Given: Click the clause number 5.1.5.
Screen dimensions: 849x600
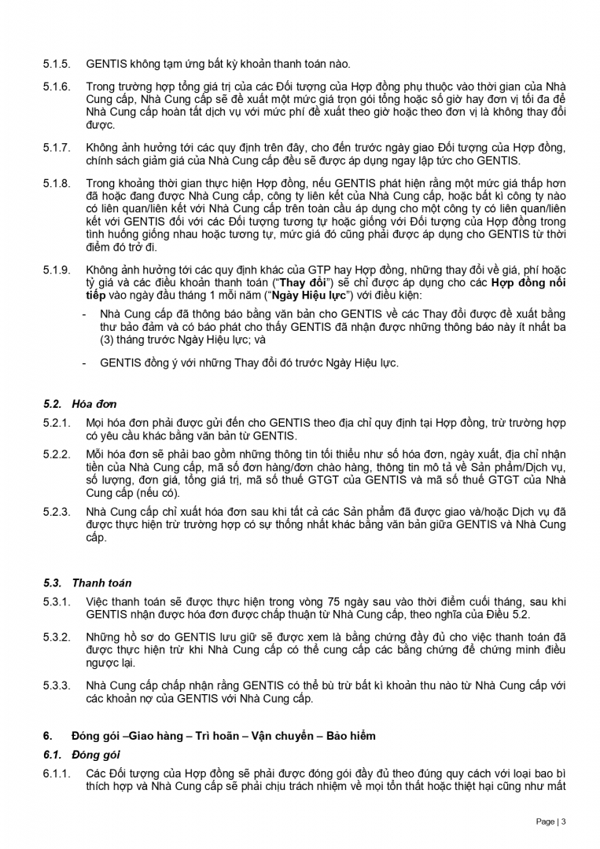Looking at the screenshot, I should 57,64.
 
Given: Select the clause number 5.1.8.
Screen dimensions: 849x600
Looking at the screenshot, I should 57,183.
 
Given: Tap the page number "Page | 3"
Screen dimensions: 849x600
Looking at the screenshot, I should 550,821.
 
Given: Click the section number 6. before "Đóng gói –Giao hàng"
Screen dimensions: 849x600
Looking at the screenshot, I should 47,736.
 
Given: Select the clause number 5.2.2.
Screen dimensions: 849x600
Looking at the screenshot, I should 57,455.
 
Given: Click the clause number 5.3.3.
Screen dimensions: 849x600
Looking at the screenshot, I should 57,685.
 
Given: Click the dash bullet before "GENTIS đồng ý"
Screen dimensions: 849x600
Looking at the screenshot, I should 84,362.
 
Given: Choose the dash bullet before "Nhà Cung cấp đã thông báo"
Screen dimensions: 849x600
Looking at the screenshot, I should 84,314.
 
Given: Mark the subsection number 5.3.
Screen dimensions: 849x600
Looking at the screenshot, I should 53,583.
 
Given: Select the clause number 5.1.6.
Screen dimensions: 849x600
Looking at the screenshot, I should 57,86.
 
